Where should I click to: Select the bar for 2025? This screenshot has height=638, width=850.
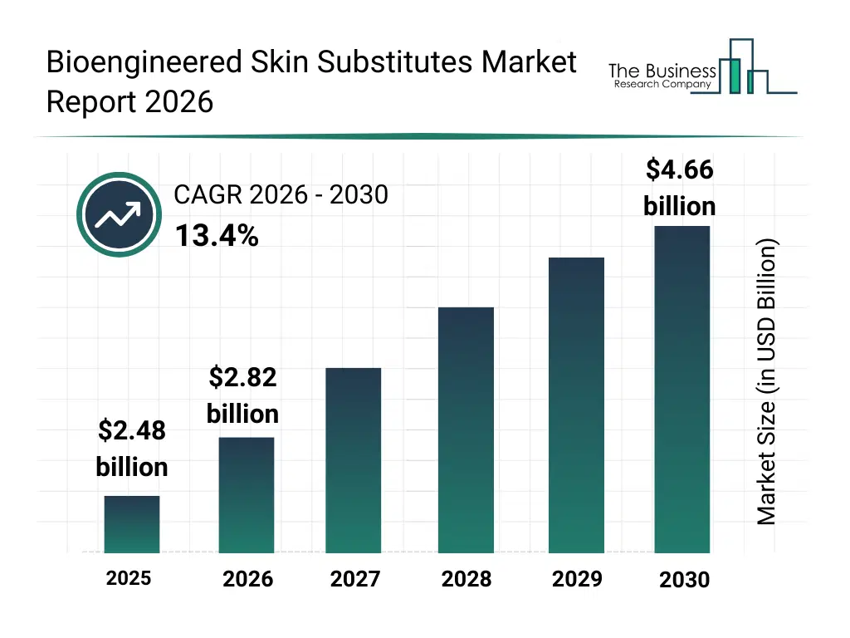[x=132, y=524]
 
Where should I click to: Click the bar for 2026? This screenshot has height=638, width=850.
[x=247, y=495]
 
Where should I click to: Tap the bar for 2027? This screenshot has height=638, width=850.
[x=354, y=460]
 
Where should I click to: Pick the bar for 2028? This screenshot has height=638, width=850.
[x=466, y=429]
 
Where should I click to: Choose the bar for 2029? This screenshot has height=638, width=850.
[x=576, y=405]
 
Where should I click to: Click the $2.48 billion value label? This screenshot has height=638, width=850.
[x=132, y=449]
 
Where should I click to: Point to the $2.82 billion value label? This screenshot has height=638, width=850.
[x=242, y=395]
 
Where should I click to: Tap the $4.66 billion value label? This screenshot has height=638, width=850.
[x=680, y=188]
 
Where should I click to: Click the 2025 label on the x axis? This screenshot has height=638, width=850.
[x=129, y=578]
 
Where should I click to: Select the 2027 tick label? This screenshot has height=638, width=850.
[x=355, y=579]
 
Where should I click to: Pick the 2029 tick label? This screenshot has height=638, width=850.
[x=577, y=578]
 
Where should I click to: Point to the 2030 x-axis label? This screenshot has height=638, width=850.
[x=685, y=580]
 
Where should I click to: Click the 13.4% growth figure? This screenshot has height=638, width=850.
[x=217, y=237]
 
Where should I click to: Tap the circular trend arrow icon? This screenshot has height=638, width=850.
[x=118, y=215]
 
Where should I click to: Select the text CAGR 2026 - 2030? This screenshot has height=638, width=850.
[x=281, y=195]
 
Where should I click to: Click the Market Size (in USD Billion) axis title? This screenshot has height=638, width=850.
[x=767, y=382]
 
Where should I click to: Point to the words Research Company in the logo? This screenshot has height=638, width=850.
[x=662, y=85]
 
